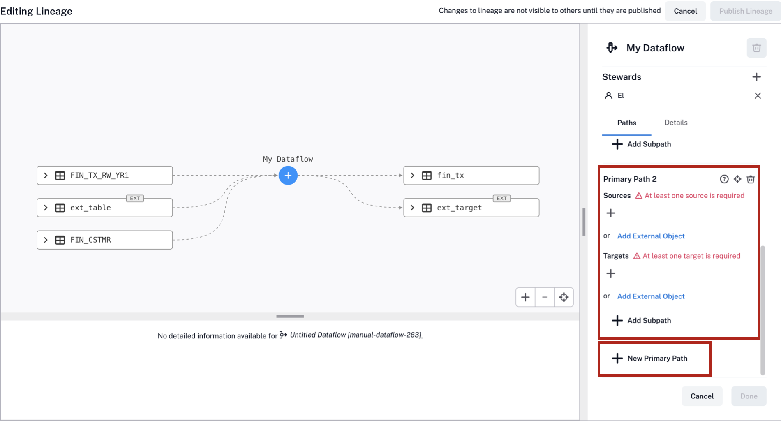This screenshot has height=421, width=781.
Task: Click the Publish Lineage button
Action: pyautogui.click(x=745, y=11)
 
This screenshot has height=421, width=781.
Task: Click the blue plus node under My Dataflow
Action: pyautogui.click(x=288, y=176)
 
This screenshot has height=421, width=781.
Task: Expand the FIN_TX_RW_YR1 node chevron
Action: pyautogui.click(x=46, y=176)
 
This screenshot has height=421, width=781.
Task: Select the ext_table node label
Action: pyautogui.click(x=90, y=208)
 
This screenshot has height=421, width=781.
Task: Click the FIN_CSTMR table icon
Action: pyautogui.click(x=60, y=240)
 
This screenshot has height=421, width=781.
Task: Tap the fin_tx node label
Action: pyautogui.click(x=451, y=176)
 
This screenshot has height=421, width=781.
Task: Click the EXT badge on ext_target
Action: pyautogui.click(x=501, y=198)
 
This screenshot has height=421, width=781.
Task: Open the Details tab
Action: pyautogui.click(x=676, y=123)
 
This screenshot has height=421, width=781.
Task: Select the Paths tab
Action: pyautogui.click(x=626, y=123)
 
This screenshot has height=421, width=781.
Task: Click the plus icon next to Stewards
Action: pyautogui.click(x=756, y=77)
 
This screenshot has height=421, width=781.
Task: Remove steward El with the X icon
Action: pyautogui.click(x=758, y=96)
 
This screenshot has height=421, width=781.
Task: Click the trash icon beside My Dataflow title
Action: pyautogui.click(x=756, y=48)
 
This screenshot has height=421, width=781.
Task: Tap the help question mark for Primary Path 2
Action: pyautogui.click(x=724, y=179)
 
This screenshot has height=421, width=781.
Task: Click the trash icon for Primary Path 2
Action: pyautogui.click(x=751, y=179)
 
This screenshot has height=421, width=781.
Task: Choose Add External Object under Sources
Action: pyautogui.click(x=651, y=236)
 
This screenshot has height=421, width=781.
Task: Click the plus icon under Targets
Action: pyautogui.click(x=611, y=273)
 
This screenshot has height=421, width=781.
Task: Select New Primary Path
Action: pyautogui.click(x=649, y=359)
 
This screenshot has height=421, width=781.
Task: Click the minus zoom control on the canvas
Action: pyautogui.click(x=545, y=297)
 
